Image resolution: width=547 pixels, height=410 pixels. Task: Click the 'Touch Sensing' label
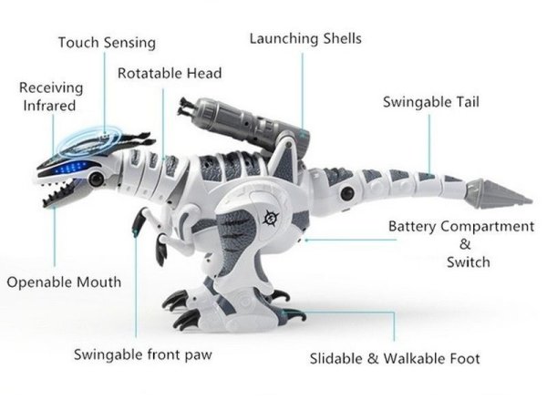(x=107, y=43)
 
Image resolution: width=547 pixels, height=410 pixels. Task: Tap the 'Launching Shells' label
(x=305, y=38)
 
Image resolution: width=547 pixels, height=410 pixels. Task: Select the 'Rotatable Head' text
(x=170, y=73)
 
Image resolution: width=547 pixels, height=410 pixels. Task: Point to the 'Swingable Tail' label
(x=431, y=102)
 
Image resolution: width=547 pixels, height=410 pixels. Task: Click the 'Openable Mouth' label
(x=64, y=282)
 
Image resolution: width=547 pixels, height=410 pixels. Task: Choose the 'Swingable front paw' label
(x=143, y=355)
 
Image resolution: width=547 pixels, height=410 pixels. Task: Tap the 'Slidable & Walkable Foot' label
(x=395, y=359)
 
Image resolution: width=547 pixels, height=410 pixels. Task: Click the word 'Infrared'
(x=49, y=106)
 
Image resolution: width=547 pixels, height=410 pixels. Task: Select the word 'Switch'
(x=469, y=262)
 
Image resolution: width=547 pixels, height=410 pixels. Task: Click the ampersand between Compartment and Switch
(x=465, y=244)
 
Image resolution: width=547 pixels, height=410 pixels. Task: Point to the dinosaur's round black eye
(x=96, y=179)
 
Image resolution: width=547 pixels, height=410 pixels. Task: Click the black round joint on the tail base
(x=347, y=193)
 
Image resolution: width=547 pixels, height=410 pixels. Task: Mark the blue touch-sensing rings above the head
(x=90, y=141)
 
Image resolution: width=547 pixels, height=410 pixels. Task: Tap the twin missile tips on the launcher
(x=186, y=107)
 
